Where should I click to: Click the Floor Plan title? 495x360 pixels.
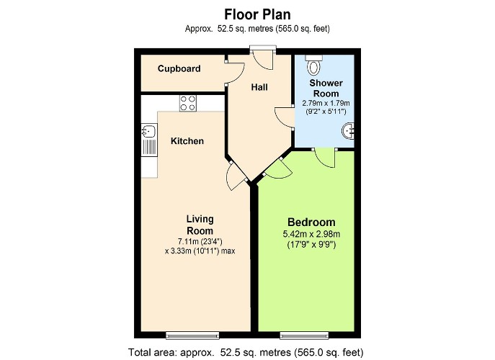[257, 14]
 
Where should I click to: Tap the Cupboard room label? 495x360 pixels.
[179, 69]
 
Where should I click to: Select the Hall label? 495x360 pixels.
[259, 87]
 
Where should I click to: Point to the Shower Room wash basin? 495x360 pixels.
[348, 130]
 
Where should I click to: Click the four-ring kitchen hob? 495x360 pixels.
[188, 103]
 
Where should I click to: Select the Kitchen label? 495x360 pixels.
[187, 140]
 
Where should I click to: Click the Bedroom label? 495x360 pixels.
[311, 222]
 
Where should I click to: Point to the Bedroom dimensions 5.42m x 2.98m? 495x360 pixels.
[311, 234]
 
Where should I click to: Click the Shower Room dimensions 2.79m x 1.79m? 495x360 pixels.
[326, 103]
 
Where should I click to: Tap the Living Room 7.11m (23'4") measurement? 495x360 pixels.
[200, 242]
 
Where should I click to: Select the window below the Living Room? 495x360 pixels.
[192, 335]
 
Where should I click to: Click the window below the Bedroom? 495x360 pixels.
[304, 335]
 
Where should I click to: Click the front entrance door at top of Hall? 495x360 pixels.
[263, 57]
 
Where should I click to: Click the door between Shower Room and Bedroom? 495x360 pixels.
[324, 157]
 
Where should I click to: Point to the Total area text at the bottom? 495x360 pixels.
[246, 352]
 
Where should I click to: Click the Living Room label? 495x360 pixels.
[200, 225]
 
